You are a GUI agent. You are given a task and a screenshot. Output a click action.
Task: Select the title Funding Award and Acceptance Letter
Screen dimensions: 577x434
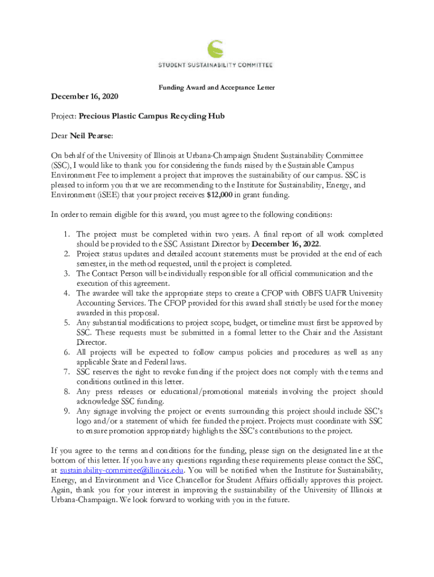point(216,88)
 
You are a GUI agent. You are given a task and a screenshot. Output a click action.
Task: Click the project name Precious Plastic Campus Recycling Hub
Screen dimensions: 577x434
point(152,117)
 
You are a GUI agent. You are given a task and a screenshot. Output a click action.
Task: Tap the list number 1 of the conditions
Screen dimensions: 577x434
point(67,234)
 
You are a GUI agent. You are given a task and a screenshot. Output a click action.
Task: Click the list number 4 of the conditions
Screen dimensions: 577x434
point(67,294)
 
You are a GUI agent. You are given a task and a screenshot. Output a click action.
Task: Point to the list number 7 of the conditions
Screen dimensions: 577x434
point(67,372)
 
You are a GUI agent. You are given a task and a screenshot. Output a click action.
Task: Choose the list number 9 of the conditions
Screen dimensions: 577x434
point(67,411)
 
